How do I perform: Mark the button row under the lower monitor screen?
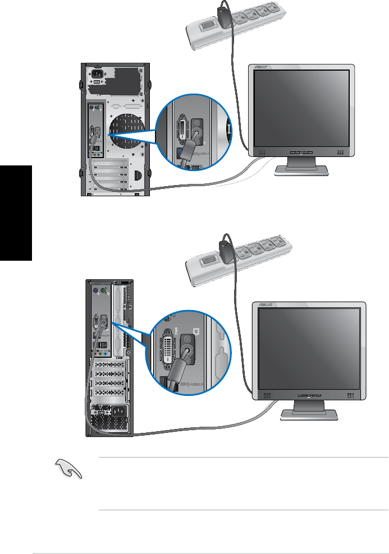308,395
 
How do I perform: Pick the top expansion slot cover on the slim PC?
106,364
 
